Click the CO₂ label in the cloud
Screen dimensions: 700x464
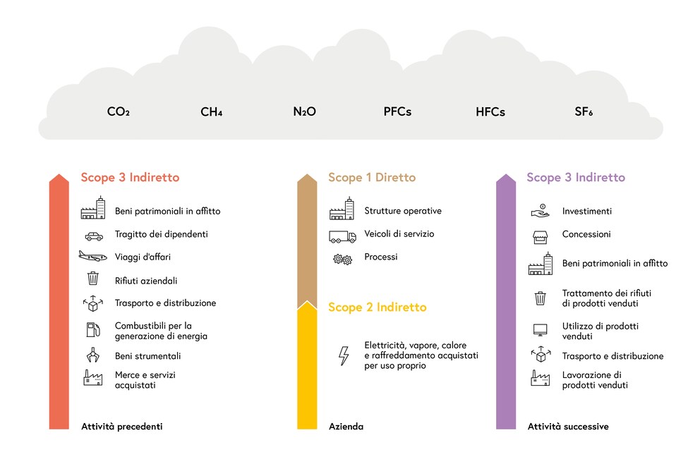pos(119,111)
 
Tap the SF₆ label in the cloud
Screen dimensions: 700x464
pos(584,111)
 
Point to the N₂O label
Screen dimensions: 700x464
pos(304,111)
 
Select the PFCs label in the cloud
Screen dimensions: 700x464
pos(397,111)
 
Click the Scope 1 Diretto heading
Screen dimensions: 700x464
pos(372,177)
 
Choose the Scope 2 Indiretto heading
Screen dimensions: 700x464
pos(378,307)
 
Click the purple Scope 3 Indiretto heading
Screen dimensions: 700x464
pos(576,177)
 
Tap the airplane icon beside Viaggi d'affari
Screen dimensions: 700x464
pos(93,256)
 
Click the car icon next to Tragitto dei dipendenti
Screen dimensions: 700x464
pos(94,236)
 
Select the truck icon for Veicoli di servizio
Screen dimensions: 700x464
pos(342,236)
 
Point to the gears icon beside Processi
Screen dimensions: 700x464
pos(342,259)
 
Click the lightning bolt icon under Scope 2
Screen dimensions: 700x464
pos(344,355)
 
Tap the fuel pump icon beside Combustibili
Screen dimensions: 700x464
pos(93,330)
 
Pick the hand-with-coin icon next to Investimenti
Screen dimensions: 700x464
pos(541,211)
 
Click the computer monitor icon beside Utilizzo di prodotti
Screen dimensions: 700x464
pos(541,330)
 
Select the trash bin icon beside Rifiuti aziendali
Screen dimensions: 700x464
pos(93,278)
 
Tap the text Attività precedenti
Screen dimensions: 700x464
pos(122,427)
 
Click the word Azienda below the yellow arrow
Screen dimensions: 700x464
pos(346,427)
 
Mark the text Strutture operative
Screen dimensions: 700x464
pos(403,211)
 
